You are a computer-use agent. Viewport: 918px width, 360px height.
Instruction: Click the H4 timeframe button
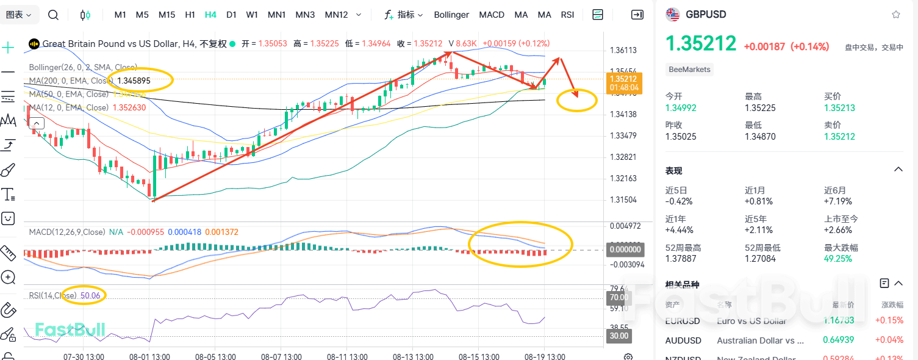click(210, 15)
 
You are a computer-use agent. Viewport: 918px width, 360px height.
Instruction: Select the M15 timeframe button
click(167, 15)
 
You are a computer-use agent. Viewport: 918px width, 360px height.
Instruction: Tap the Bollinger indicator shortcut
click(451, 15)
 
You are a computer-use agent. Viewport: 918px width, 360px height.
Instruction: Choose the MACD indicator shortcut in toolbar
click(492, 15)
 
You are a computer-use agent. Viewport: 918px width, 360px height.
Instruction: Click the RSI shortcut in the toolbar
click(567, 15)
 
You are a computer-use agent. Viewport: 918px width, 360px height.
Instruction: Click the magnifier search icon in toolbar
click(53, 15)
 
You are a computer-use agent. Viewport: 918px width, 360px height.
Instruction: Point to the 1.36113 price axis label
click(623, 51)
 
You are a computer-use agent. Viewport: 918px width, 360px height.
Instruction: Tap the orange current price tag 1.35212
click(623, 79)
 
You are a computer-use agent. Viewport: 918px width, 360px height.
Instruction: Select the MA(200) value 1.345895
click(134, 81)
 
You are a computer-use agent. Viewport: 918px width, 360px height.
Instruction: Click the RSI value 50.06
click(89, 296)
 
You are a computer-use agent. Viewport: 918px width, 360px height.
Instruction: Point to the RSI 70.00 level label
click(618, 297)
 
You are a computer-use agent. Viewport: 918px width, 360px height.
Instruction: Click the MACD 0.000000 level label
click(624, 249)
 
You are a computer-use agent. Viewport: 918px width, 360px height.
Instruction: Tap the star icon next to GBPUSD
click(895, 15)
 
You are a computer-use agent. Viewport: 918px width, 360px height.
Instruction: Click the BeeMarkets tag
click(689, 70)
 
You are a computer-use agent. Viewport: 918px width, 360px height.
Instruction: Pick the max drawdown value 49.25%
click(838, 259)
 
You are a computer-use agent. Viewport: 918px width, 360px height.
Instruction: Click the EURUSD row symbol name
click(683, 321)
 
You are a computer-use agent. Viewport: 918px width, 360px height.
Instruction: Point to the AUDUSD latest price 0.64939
click(838, 340)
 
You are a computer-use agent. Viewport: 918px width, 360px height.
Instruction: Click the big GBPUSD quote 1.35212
click(701, 44)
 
